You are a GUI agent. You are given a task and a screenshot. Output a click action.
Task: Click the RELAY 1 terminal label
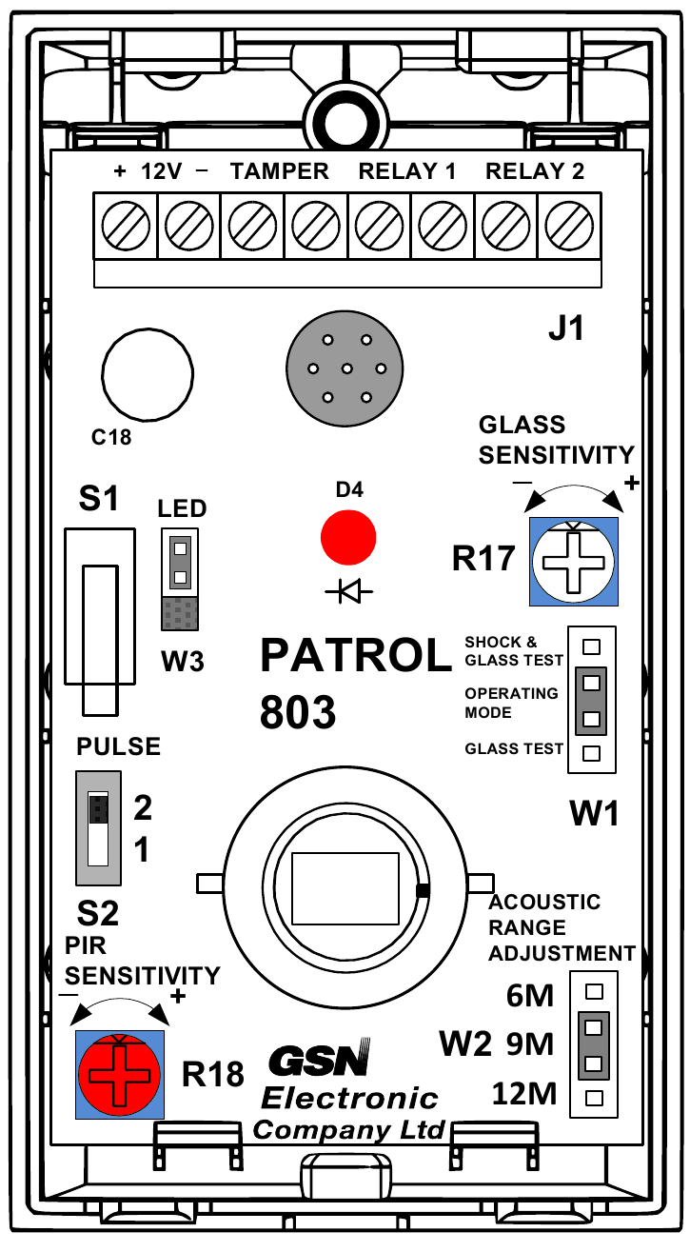(406, 172)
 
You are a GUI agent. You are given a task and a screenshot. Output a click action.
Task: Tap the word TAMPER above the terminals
(280, 172)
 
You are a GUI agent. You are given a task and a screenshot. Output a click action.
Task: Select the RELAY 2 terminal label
(535, 172)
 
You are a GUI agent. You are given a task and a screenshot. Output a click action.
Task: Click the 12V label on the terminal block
(162, 172)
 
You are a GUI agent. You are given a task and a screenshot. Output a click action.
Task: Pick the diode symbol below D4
(348, 593)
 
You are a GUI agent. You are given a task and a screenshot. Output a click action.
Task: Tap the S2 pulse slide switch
(98, 826)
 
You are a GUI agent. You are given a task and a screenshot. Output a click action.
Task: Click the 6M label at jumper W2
(530, 997)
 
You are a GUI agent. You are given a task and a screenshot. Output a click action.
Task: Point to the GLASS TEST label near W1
(514, 749)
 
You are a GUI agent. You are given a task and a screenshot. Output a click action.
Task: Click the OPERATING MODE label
(511, 703)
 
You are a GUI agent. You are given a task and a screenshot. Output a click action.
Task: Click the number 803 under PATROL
(298, 711)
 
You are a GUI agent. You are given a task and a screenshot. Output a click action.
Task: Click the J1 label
(565, 330)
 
